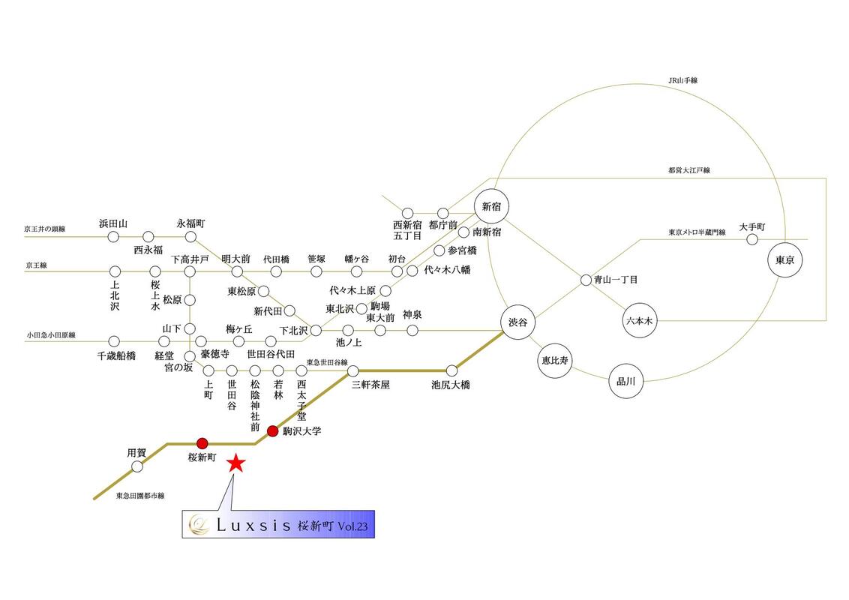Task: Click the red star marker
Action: pyautogui.click(x=236, y=463)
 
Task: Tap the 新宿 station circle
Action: pyautogui.click(x=491, y=205)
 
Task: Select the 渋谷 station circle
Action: pyautogui.click(x=518, y=323)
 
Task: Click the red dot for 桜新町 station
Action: pyautogui.click(x=202, y=442)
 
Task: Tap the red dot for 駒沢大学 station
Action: pyautogui.click(x=272, y=431)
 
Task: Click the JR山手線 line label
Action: pyautogui.click(x=683, y=79)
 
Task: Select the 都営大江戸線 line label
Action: pyautogui.click(x=689, y=170)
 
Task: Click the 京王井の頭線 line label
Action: pyautogui.click(x=44, y=229)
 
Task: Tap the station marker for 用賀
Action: pyautogui.click(x=137, y=466)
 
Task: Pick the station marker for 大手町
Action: pyautogui.click(x=752, y=239)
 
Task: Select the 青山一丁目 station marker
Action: pyautogui.click(x=586, y=280)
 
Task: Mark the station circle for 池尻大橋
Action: pyautogui.click(x=451, y=370)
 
